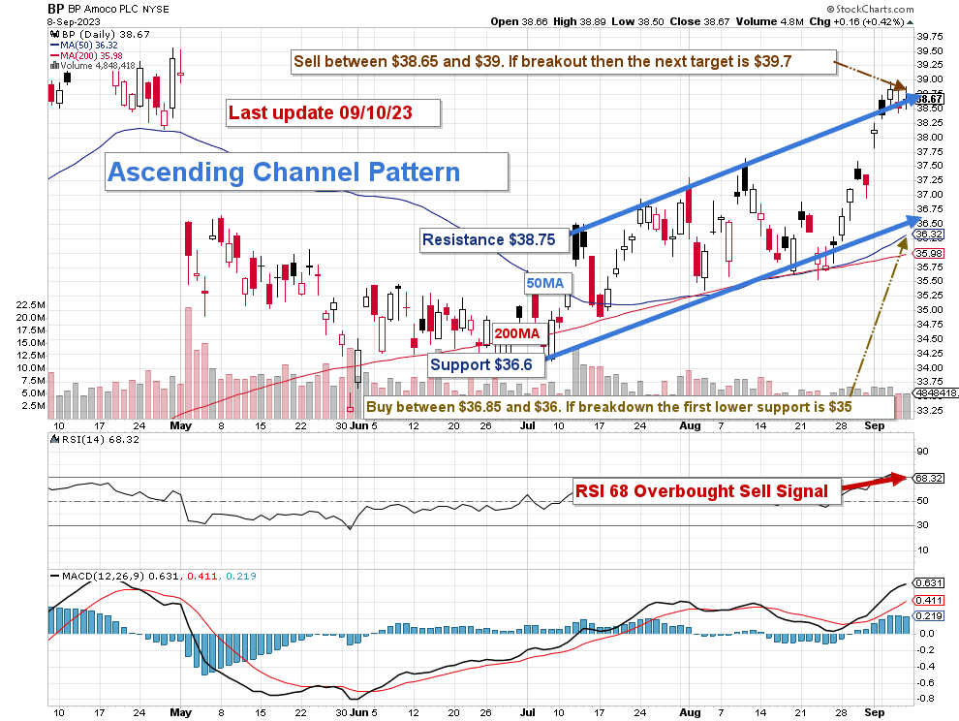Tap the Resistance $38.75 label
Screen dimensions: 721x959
coord(489,238)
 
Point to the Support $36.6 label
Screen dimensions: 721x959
coord(482,364)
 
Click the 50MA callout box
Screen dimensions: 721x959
coord(544,283)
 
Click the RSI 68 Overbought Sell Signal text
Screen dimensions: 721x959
coord(702,491)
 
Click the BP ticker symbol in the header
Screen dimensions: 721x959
coord(56,9)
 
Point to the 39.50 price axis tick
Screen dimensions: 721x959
coord(931,50)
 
